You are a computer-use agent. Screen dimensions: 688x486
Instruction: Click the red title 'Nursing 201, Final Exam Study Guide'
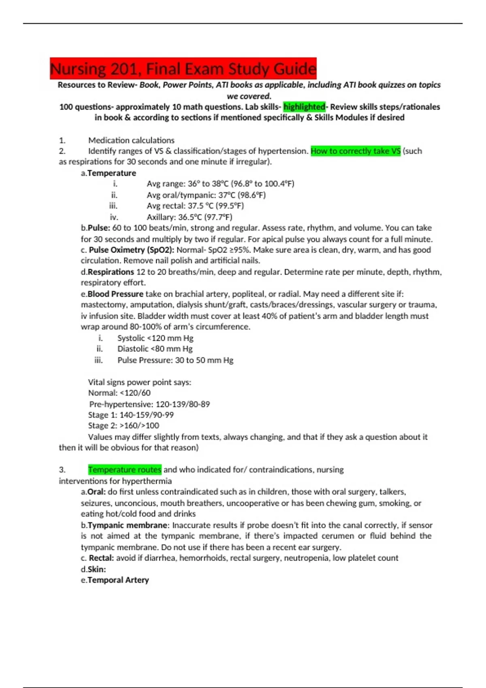coord(183,69)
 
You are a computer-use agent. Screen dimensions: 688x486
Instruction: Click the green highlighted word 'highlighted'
coord(304,107)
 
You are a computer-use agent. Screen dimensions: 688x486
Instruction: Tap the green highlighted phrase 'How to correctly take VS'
coord(355,151)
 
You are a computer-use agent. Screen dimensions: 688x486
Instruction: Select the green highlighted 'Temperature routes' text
coord(125,469)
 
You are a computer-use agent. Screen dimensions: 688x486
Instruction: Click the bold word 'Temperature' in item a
coord(112,173)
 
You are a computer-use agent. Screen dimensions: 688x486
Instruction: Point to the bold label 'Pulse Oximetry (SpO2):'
coord(132,250)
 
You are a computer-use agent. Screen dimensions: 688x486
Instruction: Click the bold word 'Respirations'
coord(111,272)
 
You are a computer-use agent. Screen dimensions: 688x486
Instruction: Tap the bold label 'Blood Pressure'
coord(115,294)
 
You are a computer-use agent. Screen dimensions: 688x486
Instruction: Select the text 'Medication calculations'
coord(131,140)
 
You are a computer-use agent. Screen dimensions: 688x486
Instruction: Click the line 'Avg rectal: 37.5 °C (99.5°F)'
coord(195,206)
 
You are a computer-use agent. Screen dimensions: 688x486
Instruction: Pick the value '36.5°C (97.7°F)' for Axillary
coord(205,217)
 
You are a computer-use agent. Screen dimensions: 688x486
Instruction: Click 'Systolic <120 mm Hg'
coord(155,338)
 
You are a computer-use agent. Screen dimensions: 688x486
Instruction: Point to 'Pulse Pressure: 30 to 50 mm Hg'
coord(175,360)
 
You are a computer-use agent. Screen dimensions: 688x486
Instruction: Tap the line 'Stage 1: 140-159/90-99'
coord(131,415)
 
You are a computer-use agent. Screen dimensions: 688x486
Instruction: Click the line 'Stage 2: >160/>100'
coord(124,425)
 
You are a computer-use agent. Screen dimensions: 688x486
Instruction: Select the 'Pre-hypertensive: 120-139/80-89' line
coord(149,404)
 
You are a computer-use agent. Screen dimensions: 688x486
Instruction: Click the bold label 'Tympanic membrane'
coord(128,525)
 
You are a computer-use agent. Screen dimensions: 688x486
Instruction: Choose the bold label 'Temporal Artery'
coord(118,580)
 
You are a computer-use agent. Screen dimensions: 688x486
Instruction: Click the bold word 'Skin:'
coord(97,569)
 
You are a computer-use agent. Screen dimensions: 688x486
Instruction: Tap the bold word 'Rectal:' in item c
coord(101,558)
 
